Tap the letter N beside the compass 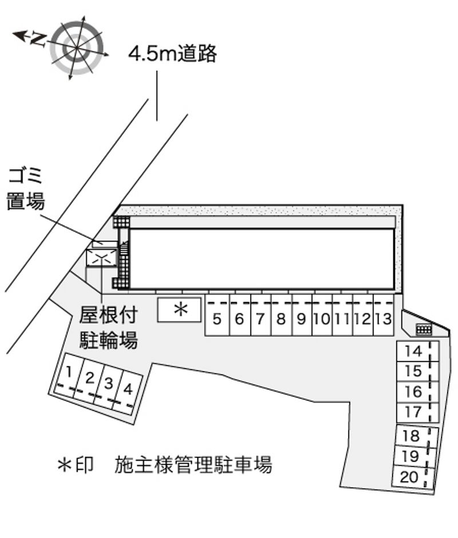(38, 39)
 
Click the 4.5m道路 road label (173, 54)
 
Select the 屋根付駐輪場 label (109, 328)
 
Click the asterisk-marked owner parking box (179, 310)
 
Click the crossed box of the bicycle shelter (101, 257)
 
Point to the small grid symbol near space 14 (424, 329)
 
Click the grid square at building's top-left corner (121, 222)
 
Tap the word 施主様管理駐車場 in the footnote (194, 465)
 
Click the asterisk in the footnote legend (65, 465)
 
